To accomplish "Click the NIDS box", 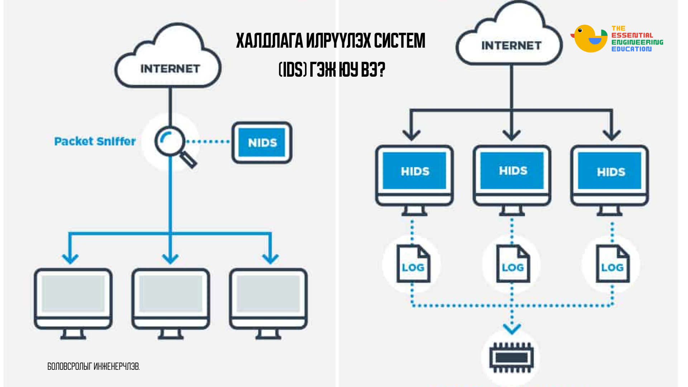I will pos(262,143).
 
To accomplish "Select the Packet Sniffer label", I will pos(95,142).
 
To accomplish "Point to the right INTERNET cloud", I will pos(510,39).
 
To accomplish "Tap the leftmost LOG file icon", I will pos(413,264).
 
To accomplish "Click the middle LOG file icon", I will pos(513,264).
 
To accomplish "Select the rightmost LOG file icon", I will pos(612,264).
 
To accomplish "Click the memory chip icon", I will pos(511,357).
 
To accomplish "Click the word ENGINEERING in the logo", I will pos(637,42).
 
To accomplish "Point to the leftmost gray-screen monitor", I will pos(73,299).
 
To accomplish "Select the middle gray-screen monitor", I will pos(171,299).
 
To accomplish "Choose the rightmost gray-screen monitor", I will pos(268,299).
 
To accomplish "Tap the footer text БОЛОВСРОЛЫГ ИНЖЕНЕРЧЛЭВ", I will pos(94,366).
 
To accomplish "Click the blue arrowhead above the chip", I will pos(512,328).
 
